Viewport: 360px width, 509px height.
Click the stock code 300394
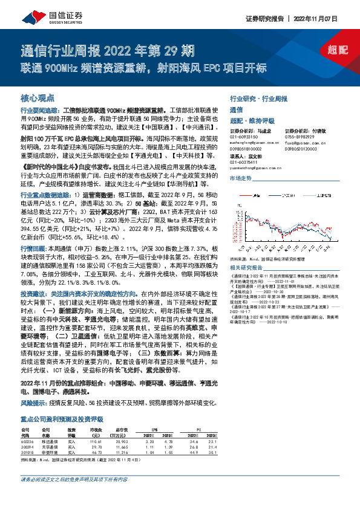pos(30,447)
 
